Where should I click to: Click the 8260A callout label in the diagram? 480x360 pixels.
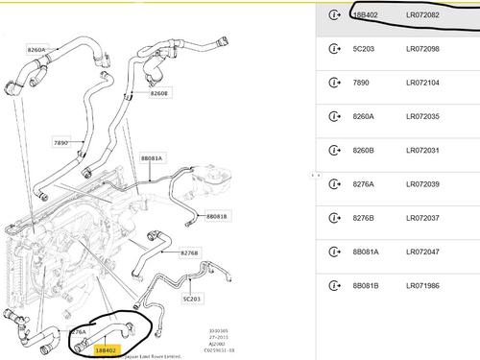click(36, 49)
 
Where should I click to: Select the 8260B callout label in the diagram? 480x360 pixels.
click(159, 93)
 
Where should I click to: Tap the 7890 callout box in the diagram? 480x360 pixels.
click(63, 142)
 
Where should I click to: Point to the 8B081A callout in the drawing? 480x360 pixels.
click(153, 157)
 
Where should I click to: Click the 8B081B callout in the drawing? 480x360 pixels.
click(216, 216)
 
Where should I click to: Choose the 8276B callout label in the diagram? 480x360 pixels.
click(189, 252)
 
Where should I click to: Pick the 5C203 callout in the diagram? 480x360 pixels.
click(192, 299)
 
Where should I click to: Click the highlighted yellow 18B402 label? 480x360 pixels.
click(106, 350)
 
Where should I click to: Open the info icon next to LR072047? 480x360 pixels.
click(335, 252)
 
